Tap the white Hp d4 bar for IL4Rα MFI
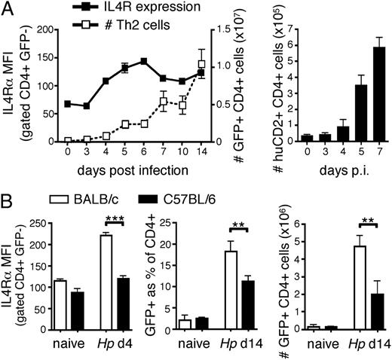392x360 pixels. pos(106,281)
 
